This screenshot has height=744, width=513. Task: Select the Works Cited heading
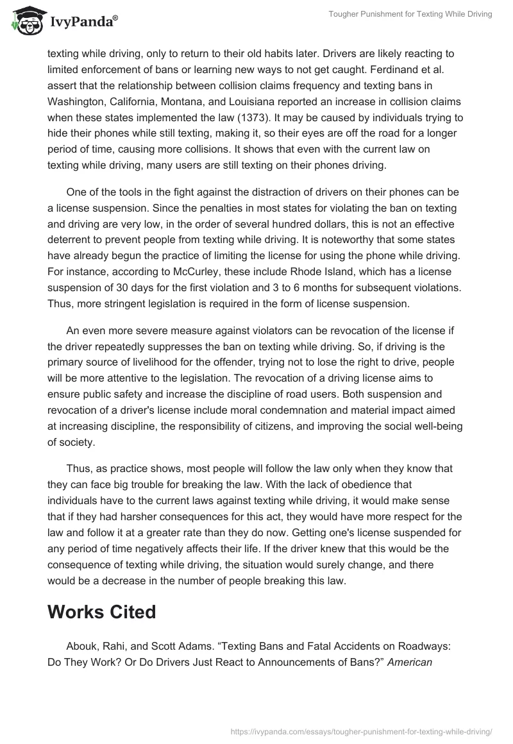point(101,611)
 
